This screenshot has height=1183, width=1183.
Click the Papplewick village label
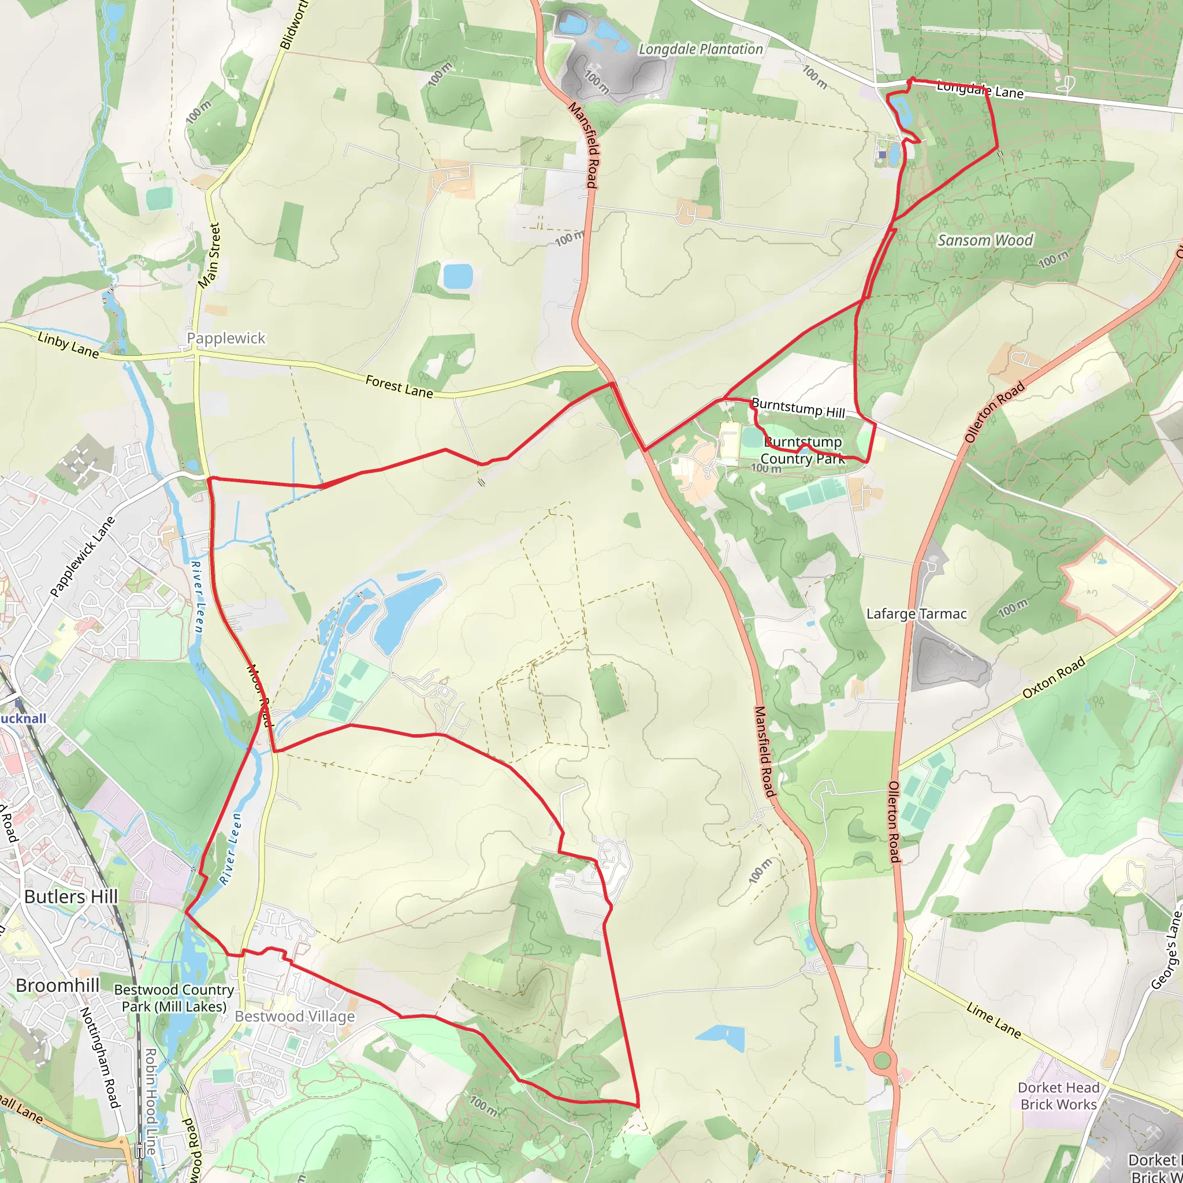click(226, 338)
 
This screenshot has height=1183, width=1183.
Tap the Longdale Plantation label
click(701, 49)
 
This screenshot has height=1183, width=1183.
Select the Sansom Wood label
click(985, 240)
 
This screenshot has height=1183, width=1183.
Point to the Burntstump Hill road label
click(798, 408)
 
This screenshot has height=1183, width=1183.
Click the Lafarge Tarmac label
click(916, 613)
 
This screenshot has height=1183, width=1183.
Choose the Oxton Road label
click(1054, 677)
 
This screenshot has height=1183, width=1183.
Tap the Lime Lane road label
click(993, 1020)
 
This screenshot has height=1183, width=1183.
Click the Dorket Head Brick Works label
click(1059, 1096)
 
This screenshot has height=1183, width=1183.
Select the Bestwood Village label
click(295, 1017)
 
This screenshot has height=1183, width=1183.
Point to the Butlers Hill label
click(71, 896)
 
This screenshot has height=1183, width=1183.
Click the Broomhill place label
click(58, 985)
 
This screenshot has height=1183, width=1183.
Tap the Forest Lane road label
click(399, 386)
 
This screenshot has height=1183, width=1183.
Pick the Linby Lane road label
click(68, 345)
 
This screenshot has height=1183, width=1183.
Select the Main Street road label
click(209, 255)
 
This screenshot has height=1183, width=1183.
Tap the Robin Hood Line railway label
click(151, 1102)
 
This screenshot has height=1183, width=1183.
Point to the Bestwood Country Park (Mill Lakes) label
click(174, 998)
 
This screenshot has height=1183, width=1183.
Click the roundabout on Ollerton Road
click(881, 1060)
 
